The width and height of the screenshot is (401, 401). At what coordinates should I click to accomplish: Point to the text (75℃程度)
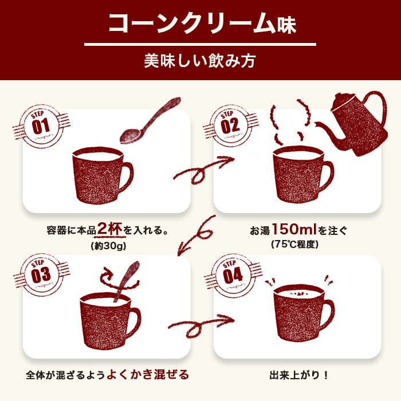298,245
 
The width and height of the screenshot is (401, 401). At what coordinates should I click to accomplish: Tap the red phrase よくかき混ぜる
151,375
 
